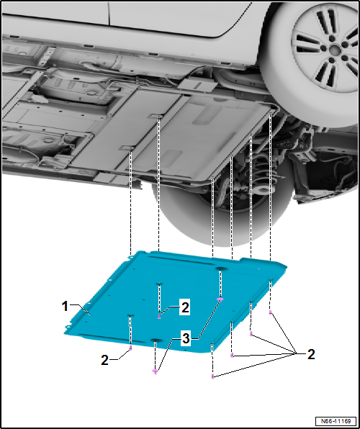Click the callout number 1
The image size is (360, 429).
(65, 307)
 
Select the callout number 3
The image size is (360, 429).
(186, 339)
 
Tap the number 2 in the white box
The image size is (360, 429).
(185, 308)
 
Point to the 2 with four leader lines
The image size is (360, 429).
(311, 355)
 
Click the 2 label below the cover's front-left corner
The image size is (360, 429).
(105, 361)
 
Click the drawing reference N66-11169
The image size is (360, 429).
(337, 420)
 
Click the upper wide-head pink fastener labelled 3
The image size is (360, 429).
(220, 299)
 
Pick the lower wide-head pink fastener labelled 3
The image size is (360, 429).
(156, 371)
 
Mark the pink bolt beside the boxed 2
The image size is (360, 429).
(159, 317)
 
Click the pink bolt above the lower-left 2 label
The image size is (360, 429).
(130, 348)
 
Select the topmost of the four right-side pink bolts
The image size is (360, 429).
(271, 312)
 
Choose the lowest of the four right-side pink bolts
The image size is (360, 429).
(212, 376)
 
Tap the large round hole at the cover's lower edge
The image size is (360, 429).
(156, 340)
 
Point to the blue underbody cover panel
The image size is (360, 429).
(175, 301)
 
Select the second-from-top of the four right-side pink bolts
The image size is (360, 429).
(251, 333)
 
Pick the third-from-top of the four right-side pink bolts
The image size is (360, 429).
(232, 356)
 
